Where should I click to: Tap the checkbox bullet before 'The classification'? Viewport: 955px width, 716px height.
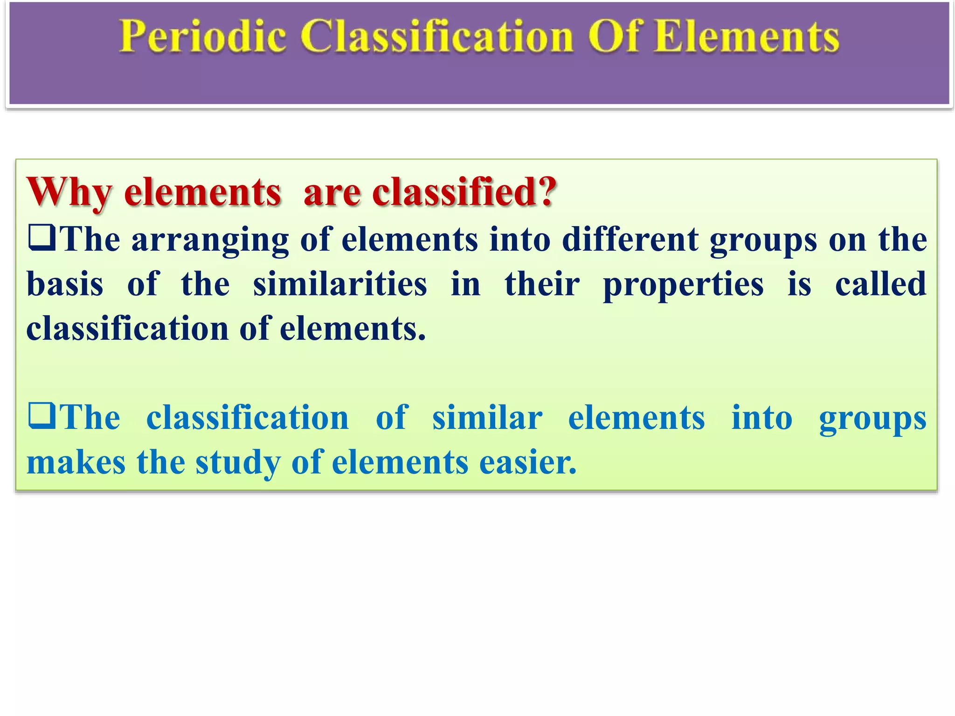pyautogui.click(x=42, y=416)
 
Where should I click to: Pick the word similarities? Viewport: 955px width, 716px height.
pyautogui.click(x=340, y=284)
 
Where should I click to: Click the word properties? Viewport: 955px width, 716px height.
pyautogui.click(x=683, y=285)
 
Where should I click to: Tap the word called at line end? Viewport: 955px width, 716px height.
pyautogui.click(x=880, y=284)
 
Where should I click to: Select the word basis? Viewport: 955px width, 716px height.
pyautogui.click(x=65, y=284)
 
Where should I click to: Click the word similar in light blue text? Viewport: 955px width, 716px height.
pyautogui.click(x=487, y=418)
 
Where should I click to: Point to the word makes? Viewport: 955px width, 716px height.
pyautogui.click(x=76, y=462)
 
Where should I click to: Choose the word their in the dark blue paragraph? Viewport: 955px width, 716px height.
pyautogui.click(x=542, y=284)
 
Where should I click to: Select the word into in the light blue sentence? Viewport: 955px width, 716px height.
pyautogui.click(x=761, y=418)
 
